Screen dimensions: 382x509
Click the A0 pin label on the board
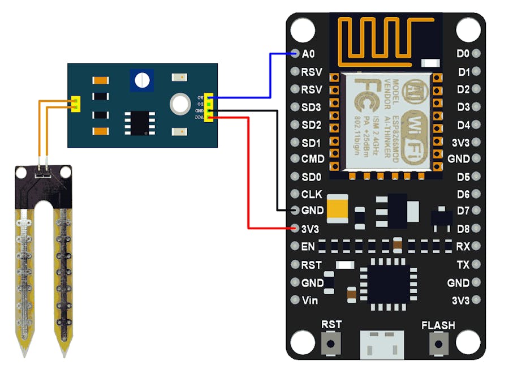308,54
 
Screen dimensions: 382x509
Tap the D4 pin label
464,125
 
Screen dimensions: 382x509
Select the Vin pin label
310,301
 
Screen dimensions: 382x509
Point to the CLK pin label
312,194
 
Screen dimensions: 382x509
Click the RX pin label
463,247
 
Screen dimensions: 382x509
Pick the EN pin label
308,247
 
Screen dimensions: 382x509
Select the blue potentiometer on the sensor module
141,80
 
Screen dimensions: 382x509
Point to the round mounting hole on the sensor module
180,102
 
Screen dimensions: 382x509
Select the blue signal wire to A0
270,74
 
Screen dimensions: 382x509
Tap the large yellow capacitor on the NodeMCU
340,207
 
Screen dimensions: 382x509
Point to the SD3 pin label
312,107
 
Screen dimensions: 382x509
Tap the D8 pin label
464,229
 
